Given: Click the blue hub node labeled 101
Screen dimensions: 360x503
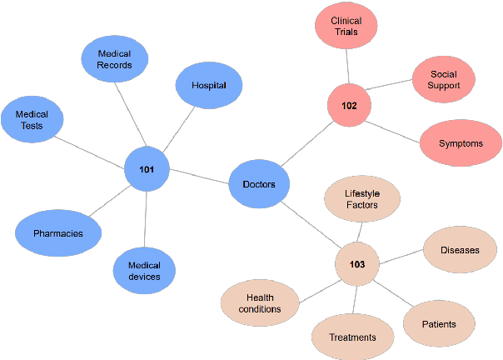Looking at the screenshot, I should [x=147, y=170].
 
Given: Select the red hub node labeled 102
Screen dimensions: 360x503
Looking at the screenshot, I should [x=349, y=106].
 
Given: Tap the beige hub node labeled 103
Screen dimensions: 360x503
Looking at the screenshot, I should [x=357, y=264].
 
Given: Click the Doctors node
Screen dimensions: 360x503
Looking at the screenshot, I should [x=259, y=183].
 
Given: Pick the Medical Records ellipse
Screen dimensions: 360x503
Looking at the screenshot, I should [x=114, y=60].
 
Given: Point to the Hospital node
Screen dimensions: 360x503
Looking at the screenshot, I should [x=209, y=86].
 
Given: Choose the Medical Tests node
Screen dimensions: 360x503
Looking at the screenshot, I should [x=32, y=120].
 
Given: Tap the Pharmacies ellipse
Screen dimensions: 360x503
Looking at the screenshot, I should [x=58, y=232].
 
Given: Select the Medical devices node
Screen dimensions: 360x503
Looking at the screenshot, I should [x=144, y=271].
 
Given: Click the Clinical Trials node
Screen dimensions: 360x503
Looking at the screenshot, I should [x=346, y=26].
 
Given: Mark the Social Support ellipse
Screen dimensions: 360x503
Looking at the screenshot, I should [x=444, y=80].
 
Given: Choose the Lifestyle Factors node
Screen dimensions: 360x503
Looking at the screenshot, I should [x=361, y=199].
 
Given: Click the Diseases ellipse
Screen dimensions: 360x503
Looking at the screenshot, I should [x=460, y=249].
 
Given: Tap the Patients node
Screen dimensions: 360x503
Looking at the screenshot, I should [x=439, y=323].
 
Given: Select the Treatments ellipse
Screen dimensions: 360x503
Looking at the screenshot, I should [x=352, y=337].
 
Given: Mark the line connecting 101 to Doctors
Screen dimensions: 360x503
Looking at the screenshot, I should [x=200, y=177].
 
